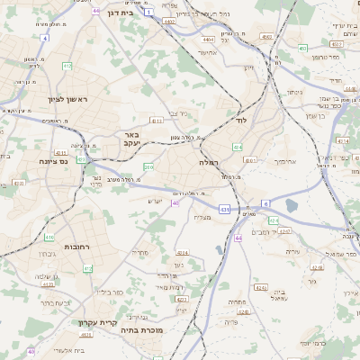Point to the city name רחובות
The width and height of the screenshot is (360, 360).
(x=77, y=246)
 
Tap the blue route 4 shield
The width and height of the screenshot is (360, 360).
(x=45, y=39)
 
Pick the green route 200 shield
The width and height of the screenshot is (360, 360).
(x=148, y=166)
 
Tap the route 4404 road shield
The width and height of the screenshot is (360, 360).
(x=209, y=40)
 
